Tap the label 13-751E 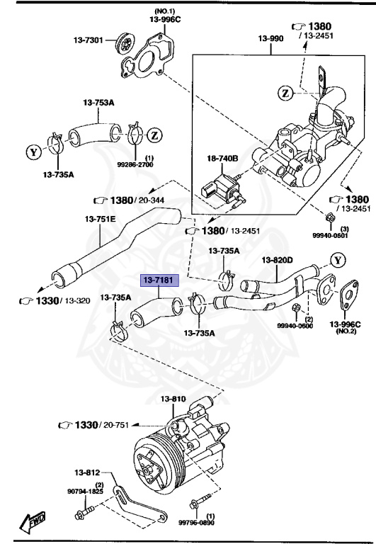101,220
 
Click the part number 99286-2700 149,164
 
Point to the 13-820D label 278,260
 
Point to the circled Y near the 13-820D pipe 338,260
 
